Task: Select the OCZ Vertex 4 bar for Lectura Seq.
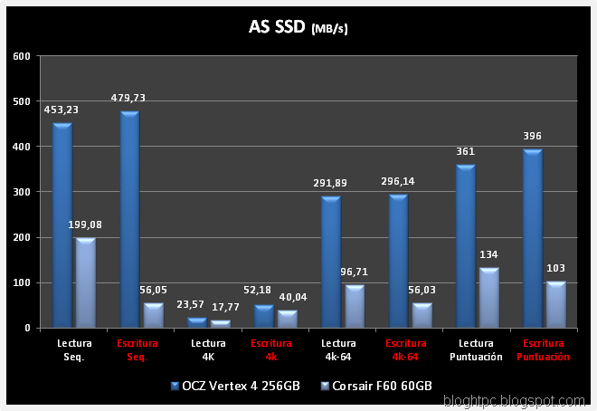click(62, 226)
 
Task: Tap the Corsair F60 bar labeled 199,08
click(86, 282)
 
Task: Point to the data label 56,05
click(153, 289)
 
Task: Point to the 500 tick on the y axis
click(22, 101)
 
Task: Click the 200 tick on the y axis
click(22, 237)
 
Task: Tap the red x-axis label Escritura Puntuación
click(543, 350)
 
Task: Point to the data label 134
click(488, 254)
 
